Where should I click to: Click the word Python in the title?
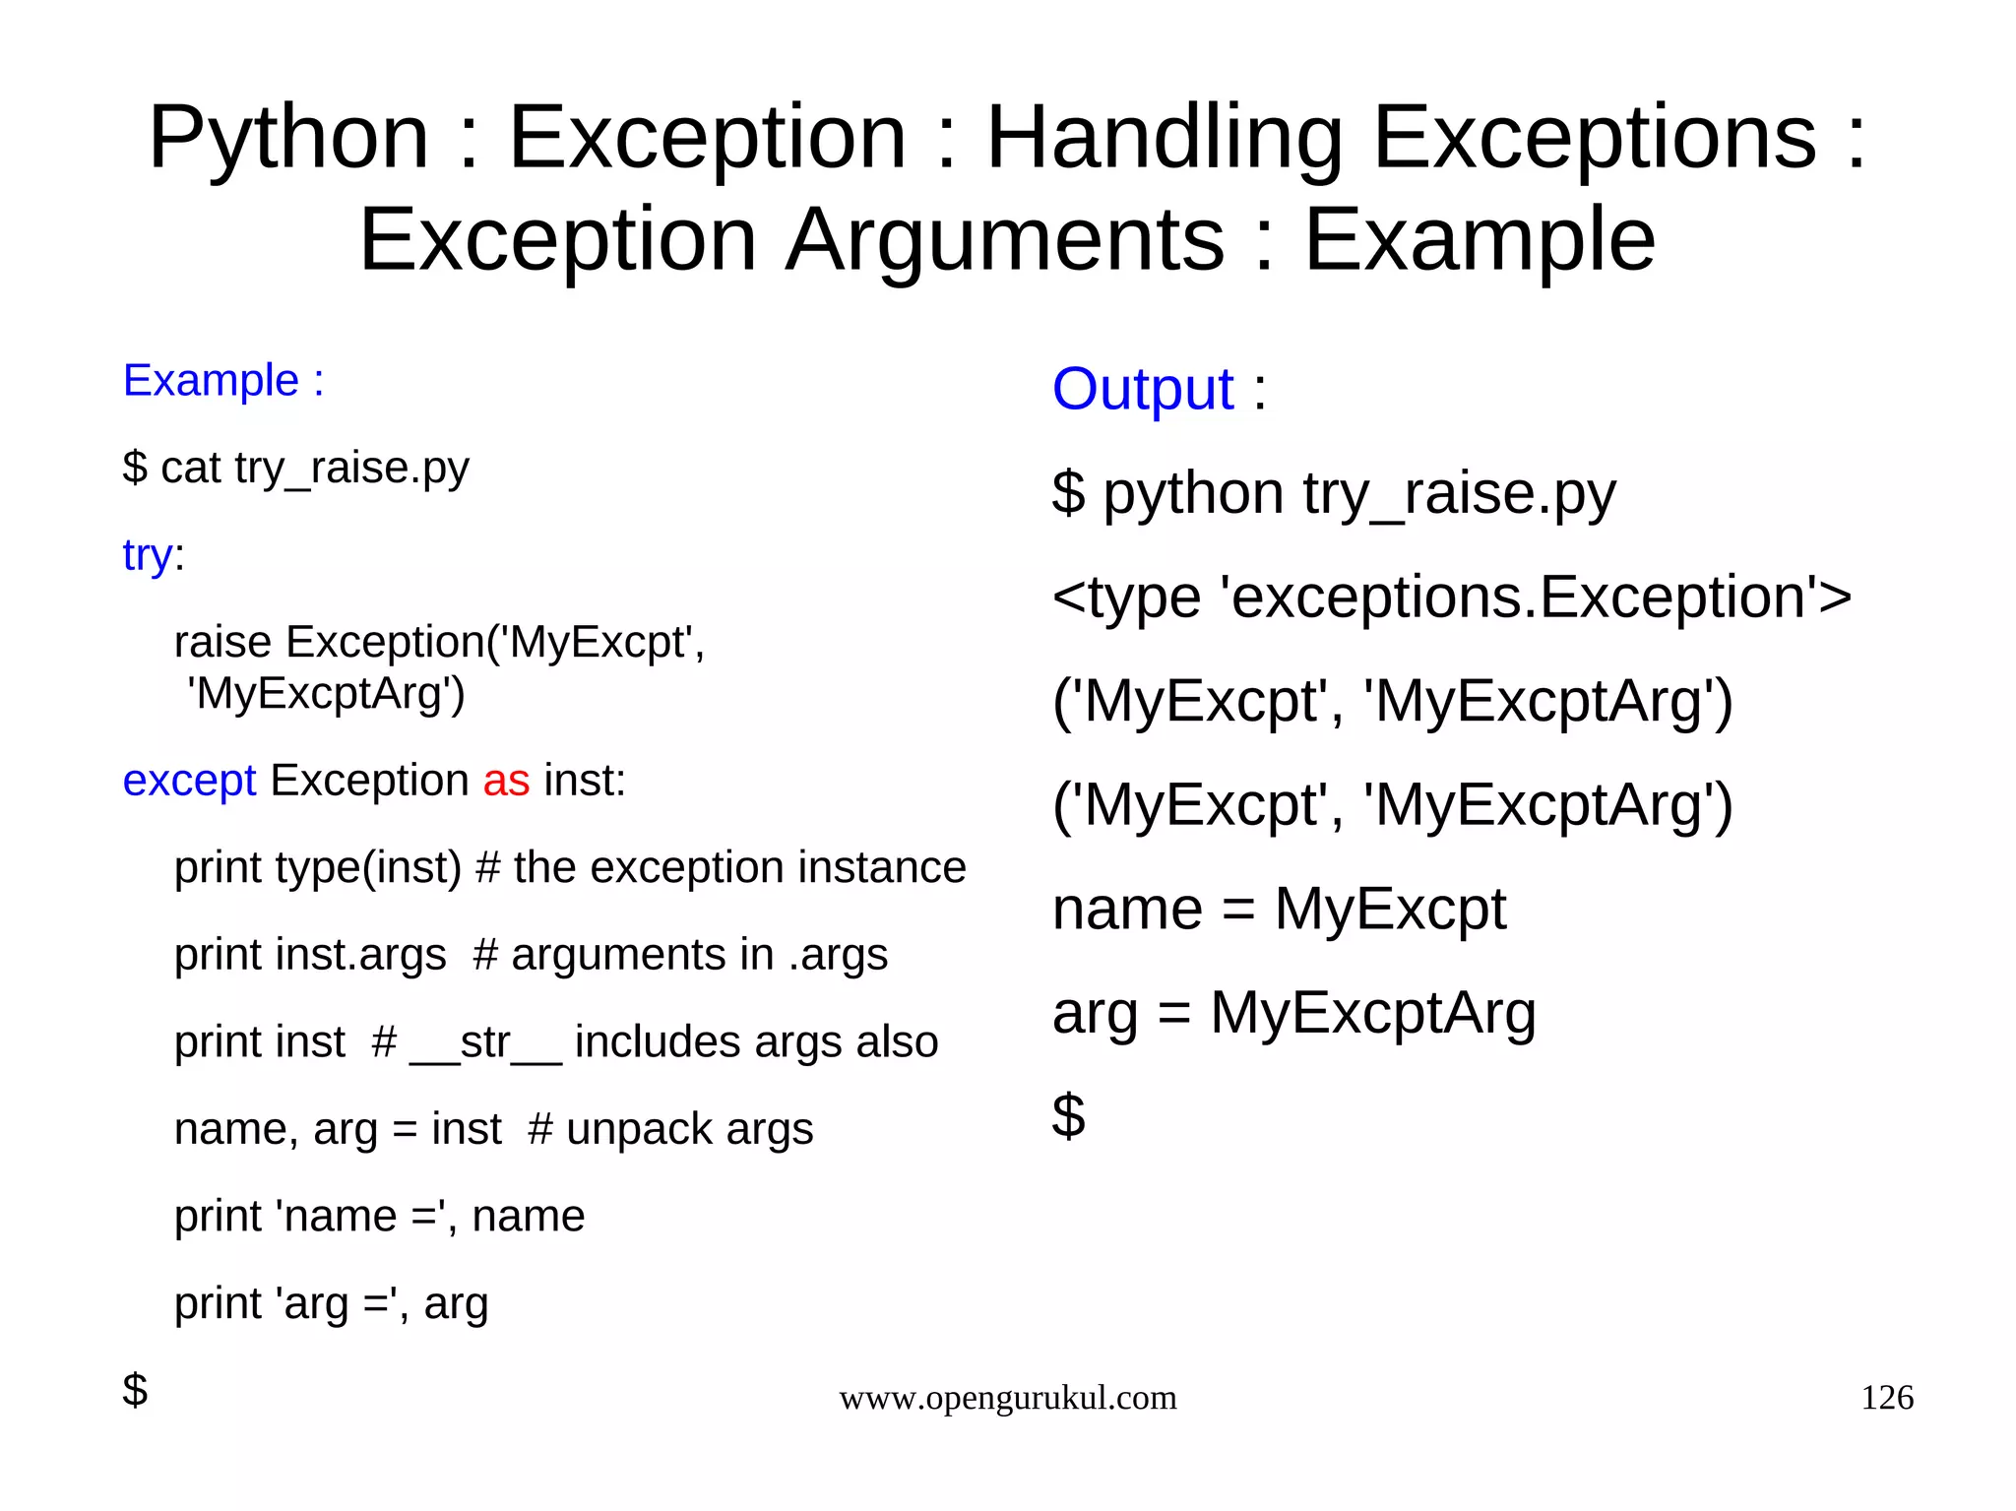tap(288, 138)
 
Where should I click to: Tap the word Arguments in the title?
tap(1004, 240)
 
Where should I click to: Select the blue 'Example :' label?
tap(223, 381)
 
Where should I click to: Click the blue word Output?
tap(1142, 390)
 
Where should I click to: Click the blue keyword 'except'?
tap(189, 781)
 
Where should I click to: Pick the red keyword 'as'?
tap(506, 781)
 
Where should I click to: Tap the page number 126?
tap(1886, 1398)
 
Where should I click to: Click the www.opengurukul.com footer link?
tap(1007, 1398)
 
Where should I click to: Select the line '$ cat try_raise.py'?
tap(295, 469)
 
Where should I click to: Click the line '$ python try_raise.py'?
tap(1333, 493)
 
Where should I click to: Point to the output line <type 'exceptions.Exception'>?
tap(1451, 598)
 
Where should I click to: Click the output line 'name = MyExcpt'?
tap(1278, 909)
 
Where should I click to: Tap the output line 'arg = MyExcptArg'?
tap(1293, 1013)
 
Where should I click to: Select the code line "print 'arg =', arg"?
tap(331, 1304)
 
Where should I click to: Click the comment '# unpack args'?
tap(670, 1130)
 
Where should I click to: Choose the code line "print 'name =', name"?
tap(379, 1217)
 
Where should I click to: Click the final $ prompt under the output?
tap(1068, 1116)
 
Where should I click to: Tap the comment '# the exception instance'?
tap(720, 868)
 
